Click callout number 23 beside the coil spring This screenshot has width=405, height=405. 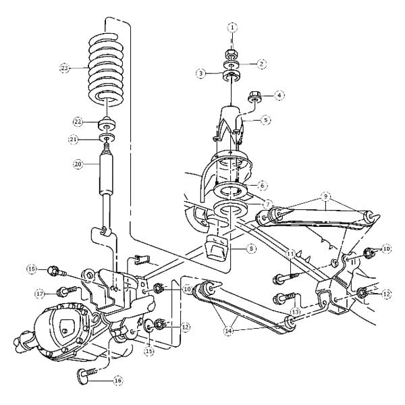(64, 67)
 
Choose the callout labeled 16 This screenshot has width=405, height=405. (118, 380)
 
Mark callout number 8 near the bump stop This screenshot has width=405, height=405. (251, 248)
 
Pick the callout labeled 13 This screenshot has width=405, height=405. (294, 311)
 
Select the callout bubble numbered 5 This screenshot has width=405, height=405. (265, 119)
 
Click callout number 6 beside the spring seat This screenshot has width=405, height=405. (262, 184)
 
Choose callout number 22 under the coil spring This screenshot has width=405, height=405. (78, 122)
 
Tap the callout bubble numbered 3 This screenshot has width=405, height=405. (200, 72)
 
